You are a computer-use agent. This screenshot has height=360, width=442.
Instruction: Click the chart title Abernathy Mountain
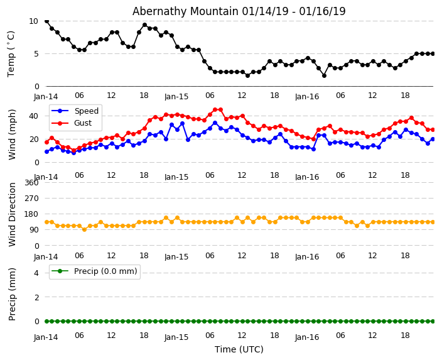[239, 11]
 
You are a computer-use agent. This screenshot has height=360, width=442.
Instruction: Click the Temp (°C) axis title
[11, 53]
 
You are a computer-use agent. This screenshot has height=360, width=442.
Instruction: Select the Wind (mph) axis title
[12, 134]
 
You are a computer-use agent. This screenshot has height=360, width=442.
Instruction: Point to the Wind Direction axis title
[12, 214]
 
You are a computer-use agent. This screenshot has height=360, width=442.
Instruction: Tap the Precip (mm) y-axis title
[12, 293]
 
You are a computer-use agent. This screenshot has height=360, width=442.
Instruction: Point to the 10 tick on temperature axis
[33, 21]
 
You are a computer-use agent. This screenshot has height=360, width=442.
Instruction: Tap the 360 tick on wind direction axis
[31, 183]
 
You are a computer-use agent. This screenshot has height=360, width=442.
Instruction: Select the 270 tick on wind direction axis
[31, 199]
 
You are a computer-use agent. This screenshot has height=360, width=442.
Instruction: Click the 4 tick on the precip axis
[36, 273]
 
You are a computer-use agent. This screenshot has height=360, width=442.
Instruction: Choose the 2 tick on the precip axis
[36, 297]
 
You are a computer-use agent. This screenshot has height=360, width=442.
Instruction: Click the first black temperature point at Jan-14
[46, 21]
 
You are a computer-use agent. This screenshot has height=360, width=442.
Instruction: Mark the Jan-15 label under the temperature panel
[176, 97]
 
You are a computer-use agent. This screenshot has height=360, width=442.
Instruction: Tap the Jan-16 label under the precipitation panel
[307, 337]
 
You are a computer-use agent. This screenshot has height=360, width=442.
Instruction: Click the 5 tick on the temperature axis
[36, 53]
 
